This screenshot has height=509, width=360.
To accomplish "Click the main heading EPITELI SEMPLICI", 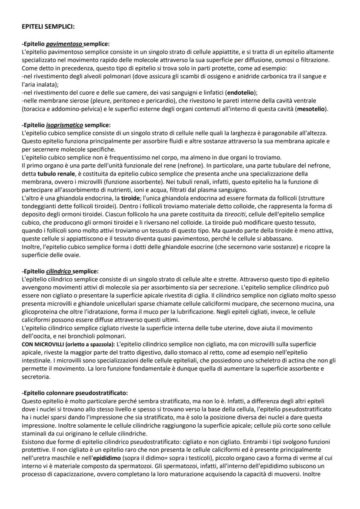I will click(48, 27).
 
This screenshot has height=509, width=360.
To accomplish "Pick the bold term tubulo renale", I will click(56, 173).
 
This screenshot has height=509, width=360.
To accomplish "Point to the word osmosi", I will click(286, 60).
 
